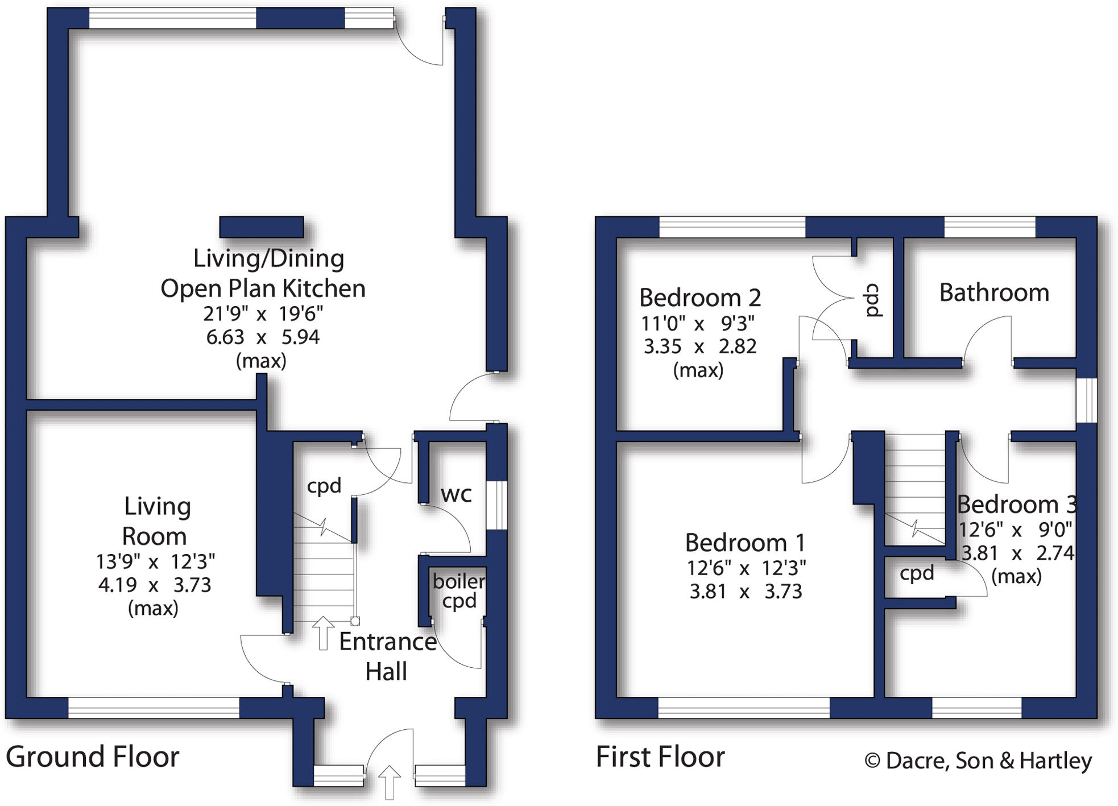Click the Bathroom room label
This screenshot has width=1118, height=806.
[x=993, y=293]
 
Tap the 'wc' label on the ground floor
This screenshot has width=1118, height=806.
[x=456, y=494]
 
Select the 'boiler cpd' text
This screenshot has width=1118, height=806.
[x=459, y=591]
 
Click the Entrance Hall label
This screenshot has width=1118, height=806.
[x=387, y=656]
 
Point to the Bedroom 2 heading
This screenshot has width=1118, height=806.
[x=699, y=297]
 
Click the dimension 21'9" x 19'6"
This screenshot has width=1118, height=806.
[x=263, y=313]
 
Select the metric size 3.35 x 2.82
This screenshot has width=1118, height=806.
[x=699, y=346]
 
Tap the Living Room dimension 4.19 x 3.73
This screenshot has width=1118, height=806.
[x=154, y=585]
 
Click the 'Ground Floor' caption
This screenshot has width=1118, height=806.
[x=92, y=757]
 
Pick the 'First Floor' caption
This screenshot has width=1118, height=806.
[x=660, y=757]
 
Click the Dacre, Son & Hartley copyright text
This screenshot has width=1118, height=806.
[x=978, y=760]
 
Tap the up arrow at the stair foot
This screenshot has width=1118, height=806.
[x=323, y=633]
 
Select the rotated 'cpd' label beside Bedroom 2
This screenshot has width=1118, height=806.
[x=872, y=300]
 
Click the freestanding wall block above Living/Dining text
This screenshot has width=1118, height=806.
[x=262, y=227]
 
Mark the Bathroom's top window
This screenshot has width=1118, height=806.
[x=989, y=227]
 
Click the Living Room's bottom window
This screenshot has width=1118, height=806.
[x=154, y=707]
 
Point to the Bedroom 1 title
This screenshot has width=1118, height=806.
[x=745, y=543]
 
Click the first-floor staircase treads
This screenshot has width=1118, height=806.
[x=914, y=483]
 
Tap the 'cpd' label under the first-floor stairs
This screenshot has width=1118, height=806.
[x=917, y=573]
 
